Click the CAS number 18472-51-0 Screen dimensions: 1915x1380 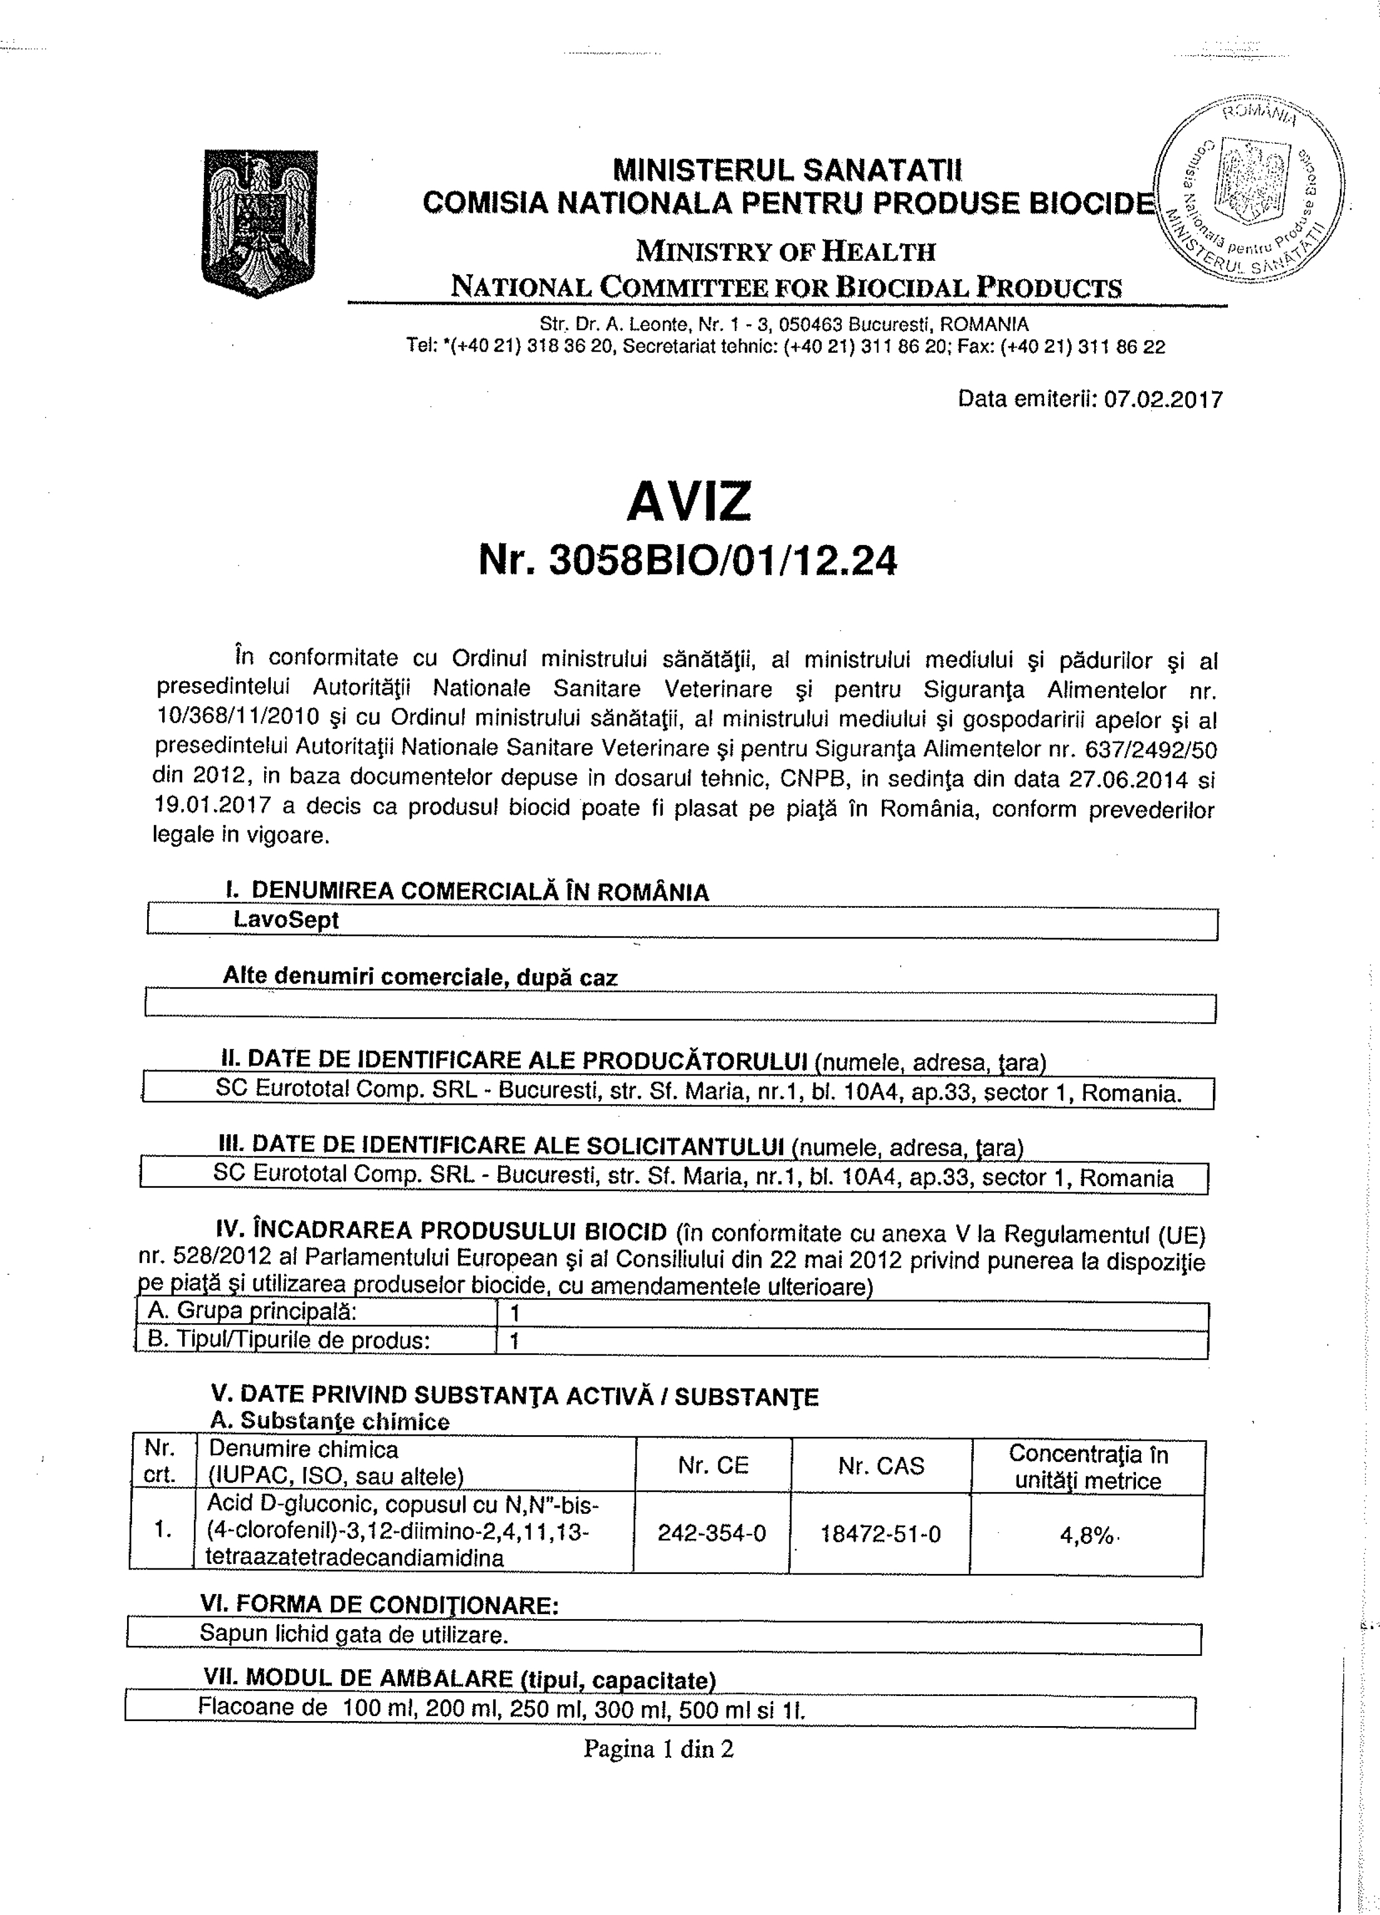880,1533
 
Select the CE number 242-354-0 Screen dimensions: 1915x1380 711,1533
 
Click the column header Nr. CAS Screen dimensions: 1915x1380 880,1466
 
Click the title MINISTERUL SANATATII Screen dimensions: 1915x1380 787,172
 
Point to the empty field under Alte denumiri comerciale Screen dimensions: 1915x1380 680,1007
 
